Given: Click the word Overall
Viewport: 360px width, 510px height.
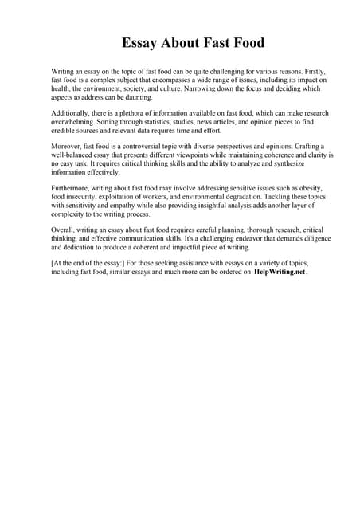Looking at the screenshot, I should click(65, 230).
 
